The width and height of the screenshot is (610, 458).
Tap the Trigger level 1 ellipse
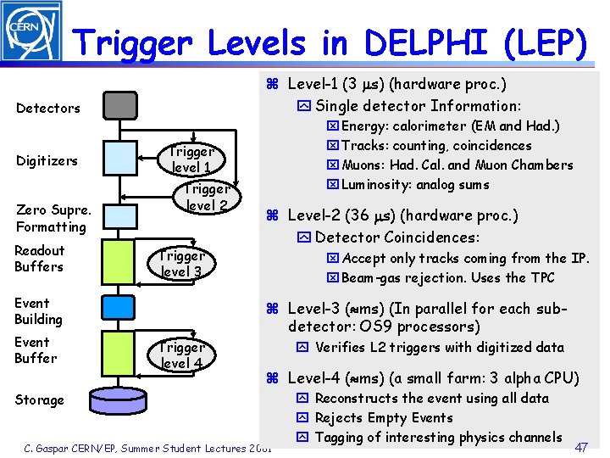191,159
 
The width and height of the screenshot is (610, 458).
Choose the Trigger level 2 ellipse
207,198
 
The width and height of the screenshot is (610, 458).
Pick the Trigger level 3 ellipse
182,263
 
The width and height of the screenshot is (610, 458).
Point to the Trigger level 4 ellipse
182,355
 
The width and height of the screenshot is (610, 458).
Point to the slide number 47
582,446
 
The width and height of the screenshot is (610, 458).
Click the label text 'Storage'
39,399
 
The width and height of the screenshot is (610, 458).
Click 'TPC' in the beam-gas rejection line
542,278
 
